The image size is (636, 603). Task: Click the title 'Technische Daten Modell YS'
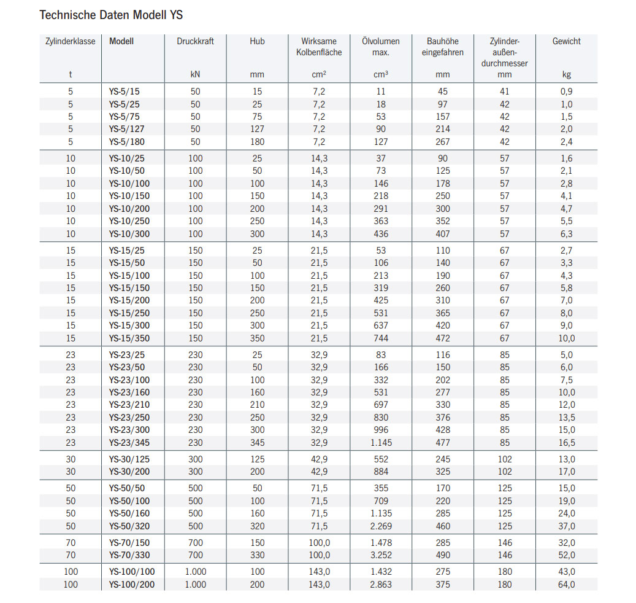click(x=111, y=15)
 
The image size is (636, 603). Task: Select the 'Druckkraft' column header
click(x=195, y=42)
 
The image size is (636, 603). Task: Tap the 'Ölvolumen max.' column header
click(x=380, y=47)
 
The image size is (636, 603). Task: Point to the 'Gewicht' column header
click(x=566, y=42)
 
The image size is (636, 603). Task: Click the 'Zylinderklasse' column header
click(x=71, y=42)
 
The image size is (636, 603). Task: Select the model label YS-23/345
click(x=129, y=443)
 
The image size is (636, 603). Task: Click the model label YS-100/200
click(x=132, y=585)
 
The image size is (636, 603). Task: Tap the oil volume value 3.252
click(x=381, y=555)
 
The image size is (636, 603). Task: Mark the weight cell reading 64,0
click(x=566, y=585)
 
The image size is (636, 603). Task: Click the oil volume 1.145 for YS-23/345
click(x=381, y=443)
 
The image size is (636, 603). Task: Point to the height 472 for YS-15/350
click(x=442, y=338)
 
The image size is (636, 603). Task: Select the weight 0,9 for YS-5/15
click(x=566, y=91)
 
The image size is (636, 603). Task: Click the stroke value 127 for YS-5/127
click(x=257, y=129)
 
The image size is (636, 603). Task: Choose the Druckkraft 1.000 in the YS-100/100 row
click(x=195, y=572)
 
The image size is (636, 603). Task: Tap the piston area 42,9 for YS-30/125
click(x=319, y=459)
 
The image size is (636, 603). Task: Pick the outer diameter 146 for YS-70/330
click(x=504, y=555)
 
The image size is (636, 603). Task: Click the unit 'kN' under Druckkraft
click(x=195, y=75)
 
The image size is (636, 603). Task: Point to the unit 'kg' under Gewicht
click(x=566, y=75)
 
